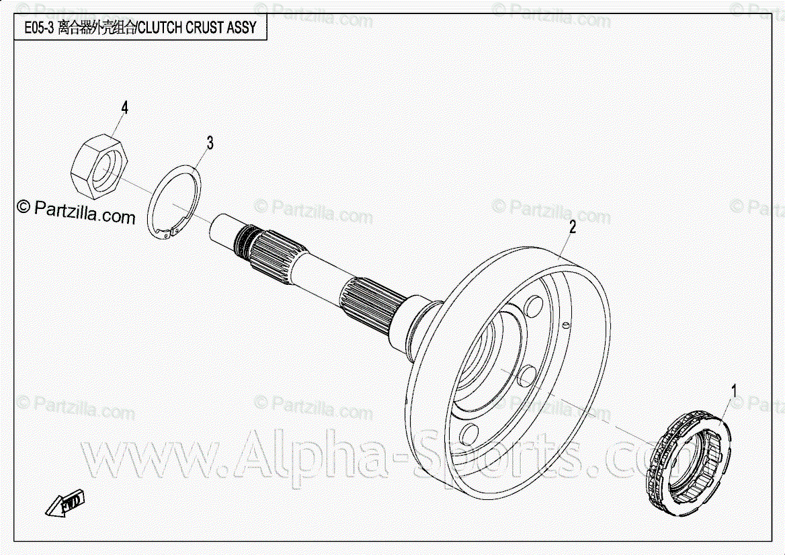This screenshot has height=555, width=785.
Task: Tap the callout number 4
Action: click(x=124, y=108)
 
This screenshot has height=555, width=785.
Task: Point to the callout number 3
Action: click(x=210, y=142)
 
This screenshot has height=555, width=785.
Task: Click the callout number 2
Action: click(x=572, y=226)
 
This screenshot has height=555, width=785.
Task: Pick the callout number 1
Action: click(x=734, y=390)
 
